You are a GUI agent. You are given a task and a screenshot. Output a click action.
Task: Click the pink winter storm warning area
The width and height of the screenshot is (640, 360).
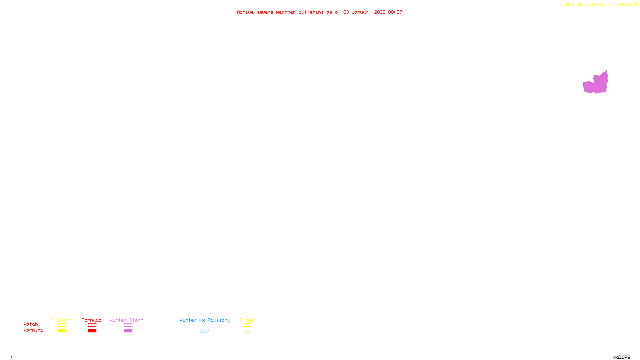tap(596, 84)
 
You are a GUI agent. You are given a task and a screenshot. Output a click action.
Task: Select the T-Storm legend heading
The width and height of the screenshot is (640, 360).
tap(62, 320)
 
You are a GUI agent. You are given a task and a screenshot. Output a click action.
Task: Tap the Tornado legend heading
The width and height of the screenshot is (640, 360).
tap(92, 320)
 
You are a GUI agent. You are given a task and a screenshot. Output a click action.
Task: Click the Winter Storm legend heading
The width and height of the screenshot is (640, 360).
tap(126, 320)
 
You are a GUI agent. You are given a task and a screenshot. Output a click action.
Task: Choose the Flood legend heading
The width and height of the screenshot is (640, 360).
tap(247, 320)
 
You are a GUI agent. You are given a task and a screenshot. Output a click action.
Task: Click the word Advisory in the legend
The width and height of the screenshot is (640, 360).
tap(219, 320)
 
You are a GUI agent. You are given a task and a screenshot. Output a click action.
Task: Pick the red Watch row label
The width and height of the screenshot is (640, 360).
tap(31, 324)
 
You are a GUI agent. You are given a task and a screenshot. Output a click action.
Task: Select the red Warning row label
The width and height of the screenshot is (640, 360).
tap(33, 330)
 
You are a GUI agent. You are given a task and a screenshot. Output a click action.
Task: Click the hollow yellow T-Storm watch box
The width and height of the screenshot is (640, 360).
tap(62, 325)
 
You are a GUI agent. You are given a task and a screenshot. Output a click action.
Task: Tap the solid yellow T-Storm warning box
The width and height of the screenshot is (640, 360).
tap(62, 331)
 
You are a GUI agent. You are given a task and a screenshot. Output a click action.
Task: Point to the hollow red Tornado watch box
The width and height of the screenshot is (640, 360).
tap(92, 325)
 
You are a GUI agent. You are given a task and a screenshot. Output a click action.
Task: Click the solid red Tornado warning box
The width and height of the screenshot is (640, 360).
tap(92, 331)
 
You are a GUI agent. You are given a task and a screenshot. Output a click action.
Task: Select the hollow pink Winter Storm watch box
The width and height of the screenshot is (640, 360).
tap(128, 325)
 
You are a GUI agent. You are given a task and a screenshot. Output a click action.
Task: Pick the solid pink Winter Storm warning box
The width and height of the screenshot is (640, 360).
tap(128, 331)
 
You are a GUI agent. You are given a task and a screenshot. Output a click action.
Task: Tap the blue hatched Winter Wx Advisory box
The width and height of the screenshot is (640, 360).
tap(204, 331)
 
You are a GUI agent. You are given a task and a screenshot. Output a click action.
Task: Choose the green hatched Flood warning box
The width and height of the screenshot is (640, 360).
tap(247, 331)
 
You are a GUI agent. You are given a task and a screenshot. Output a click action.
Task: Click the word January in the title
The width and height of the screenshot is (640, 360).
tap(362, 12)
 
